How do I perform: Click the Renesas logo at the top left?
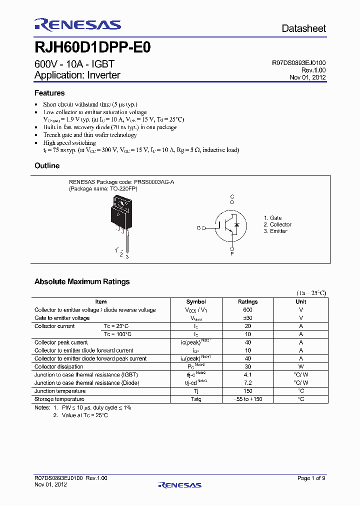pyautogui.click(x=77, y=24)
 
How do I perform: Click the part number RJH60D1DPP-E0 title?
pyautogui.click(x=92, y=48)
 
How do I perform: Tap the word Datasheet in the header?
pyautogui.click(x=303, y=28)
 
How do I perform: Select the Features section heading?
pyautogui.click(x=49, y=93)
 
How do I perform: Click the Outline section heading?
pyautogui.click(x=47, y=165)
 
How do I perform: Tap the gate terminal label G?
pyautogui.click(x=198, y=228)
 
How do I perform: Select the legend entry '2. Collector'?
pyautogui.click(x=277, y=224)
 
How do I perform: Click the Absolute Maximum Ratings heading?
pyautogui.click(x=82, y=281)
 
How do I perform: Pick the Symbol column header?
pyautogui.click(x=196, y=302)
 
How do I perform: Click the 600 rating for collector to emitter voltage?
pyautogui.click(x=248, y=310)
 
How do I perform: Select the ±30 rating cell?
pyautogui.click(x=248, y=318)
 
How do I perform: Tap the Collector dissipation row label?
pyautogui.click(x=59, y=366)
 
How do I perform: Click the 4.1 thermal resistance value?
pyautogui.click(x=248, y=374)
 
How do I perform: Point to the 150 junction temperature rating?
pyautogui.click(x=248, y=391)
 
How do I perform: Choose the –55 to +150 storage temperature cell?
pyautogui.click(x=248, y=399)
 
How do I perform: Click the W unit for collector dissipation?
pyautogui.click(x=301, y=366)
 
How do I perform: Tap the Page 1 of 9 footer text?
pyautogui.click(x=311, y=478)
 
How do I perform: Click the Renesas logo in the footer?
pyautogui.click(x=180, y=484)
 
